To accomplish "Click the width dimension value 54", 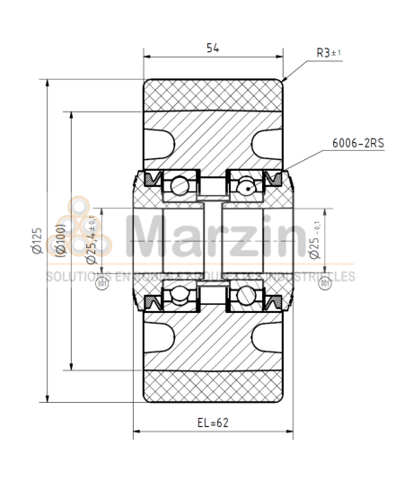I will [213, 48].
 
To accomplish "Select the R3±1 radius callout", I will [328, 53].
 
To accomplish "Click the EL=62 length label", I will [213, 422].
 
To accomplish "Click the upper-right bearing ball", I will [244, 186].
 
